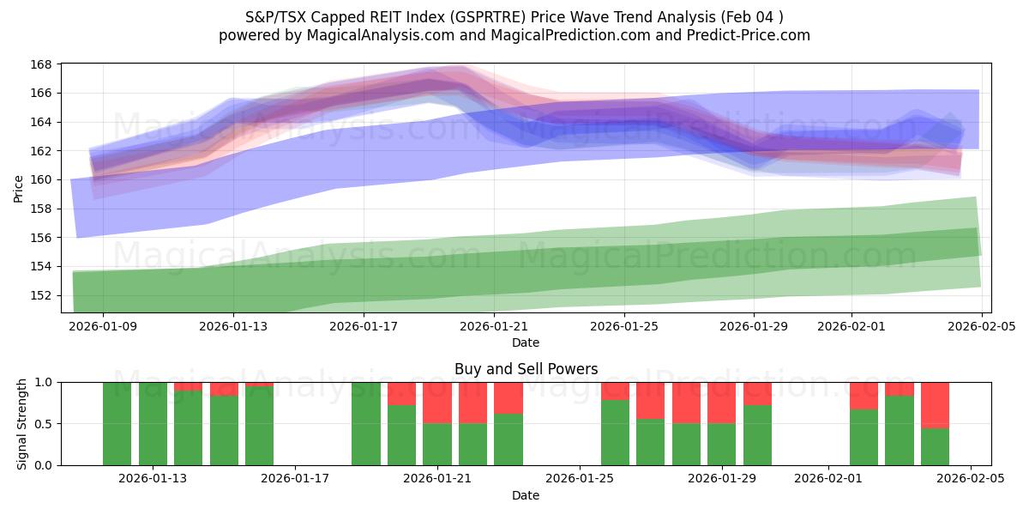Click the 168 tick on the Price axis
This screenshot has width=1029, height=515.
tap(42, 64)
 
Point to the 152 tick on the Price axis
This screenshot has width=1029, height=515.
tap(42, 295)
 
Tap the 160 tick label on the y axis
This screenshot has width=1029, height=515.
tap(42, 179)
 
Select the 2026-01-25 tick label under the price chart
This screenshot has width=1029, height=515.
tap(623, 326)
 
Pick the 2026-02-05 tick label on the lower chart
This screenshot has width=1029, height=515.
tap(971, 479)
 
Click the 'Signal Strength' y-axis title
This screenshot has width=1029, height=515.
tap(22, 423)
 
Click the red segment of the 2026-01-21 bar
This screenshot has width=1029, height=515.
tap(437, 402)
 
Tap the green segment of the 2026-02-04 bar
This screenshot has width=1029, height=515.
tap(935, 446)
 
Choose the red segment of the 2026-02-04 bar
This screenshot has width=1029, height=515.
tap(935, 404)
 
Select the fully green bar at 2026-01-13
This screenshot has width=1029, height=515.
tap(153, 423)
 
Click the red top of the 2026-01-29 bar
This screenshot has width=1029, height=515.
tap(722, 402)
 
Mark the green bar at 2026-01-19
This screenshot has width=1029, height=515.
tap(366, 423)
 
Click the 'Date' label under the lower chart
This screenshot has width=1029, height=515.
tap(526, 495)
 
